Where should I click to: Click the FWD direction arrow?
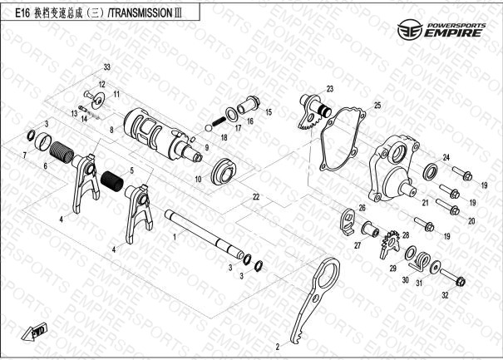(x=34, y=332)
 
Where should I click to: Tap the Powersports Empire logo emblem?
(x=410, y=30)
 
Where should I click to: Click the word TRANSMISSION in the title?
(x=141, y=12)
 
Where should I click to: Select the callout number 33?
(x=106, y=67)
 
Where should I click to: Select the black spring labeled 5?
(x=112, y=183)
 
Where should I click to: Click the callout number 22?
(x=256, y=197)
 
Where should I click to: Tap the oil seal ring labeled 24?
(x=430, y=171)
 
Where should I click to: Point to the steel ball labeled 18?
(x=209, y=128)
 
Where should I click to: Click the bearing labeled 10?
(x=224, y=171)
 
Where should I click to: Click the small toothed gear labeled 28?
(x=390, y=244)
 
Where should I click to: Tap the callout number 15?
(x=269, y=112)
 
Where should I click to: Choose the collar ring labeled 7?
(x=43, y=141)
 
